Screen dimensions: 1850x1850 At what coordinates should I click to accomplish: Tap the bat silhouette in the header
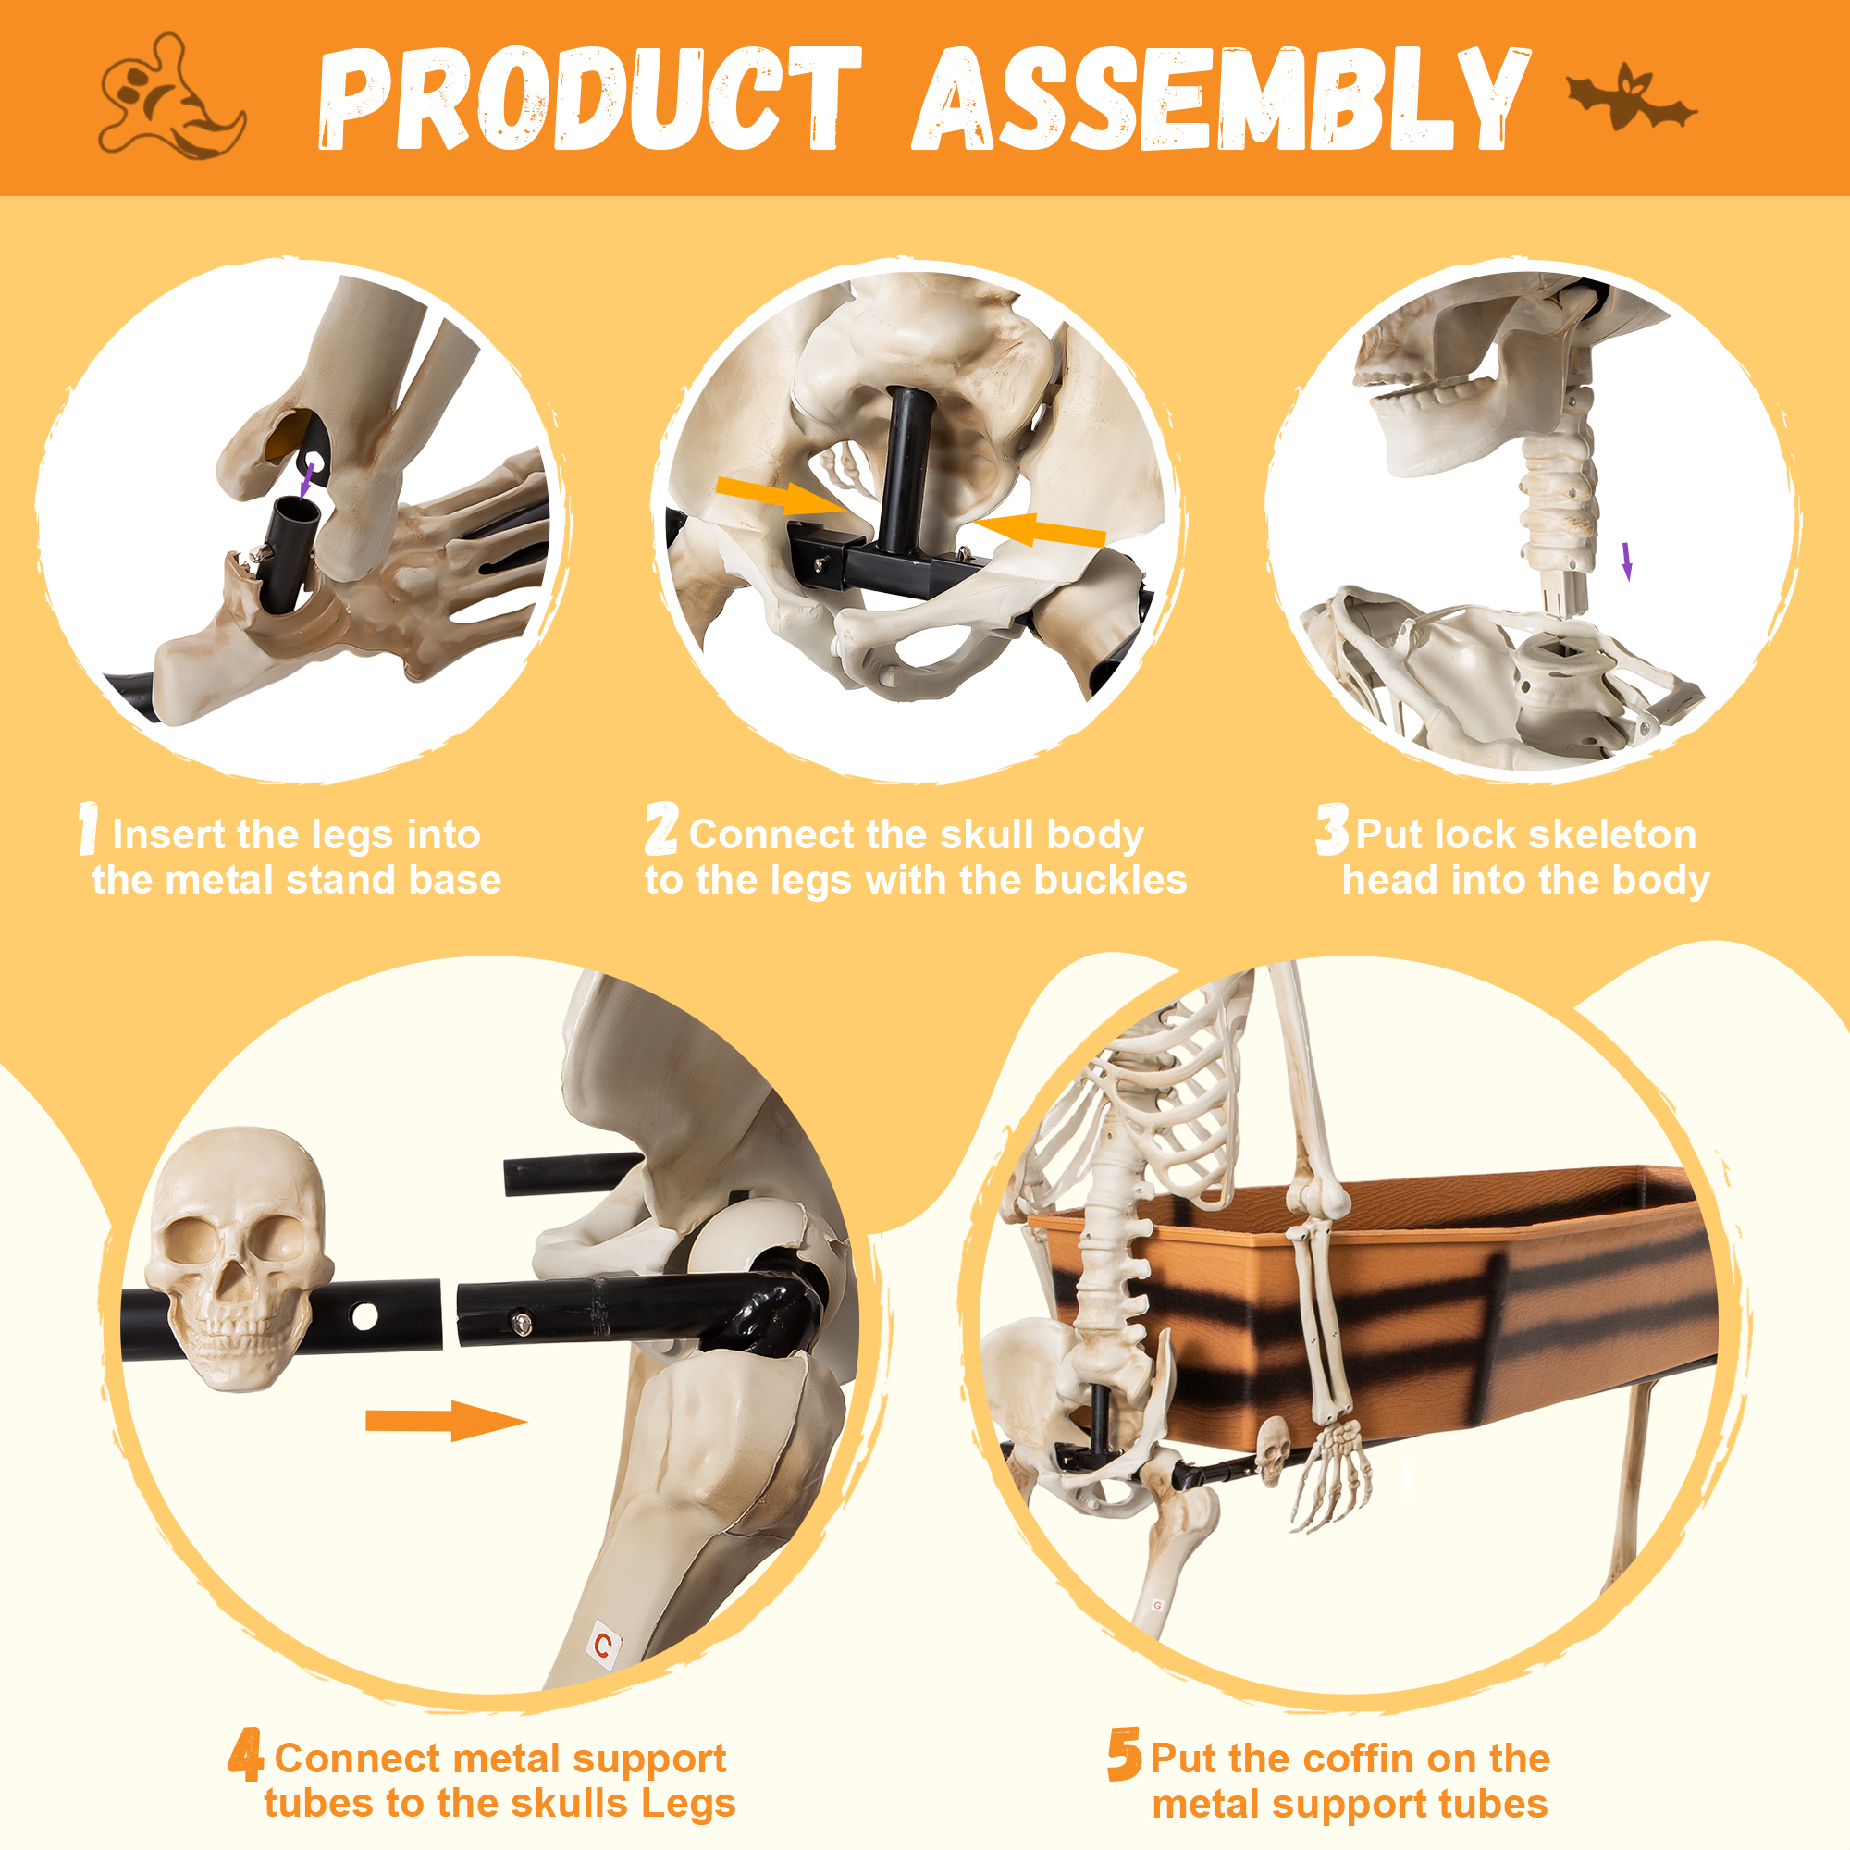coord(1631,98)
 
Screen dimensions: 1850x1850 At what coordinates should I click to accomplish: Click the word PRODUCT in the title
coord(590,99)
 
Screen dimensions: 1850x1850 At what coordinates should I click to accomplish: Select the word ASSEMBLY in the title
coord(1220,99)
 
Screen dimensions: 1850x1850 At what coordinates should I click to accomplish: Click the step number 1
coord(89,828)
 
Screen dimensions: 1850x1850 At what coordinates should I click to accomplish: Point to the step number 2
coord(661,828)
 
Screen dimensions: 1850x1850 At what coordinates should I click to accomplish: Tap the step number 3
coord(1332,828)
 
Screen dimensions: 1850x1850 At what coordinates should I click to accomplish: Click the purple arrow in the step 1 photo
coord(306,482)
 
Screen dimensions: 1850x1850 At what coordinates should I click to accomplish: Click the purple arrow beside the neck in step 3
coord(1627,562)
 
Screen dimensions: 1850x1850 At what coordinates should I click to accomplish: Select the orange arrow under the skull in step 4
coord(446,1421)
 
